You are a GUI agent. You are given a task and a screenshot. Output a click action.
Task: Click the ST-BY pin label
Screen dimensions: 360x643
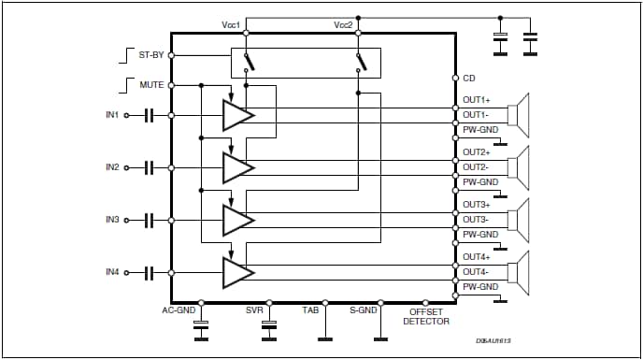click(x=150, y=55)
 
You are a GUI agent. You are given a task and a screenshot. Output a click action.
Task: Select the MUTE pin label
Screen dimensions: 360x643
click(x=151, y=85)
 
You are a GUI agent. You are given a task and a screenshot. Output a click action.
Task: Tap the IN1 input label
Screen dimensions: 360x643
click(x=113, y=115)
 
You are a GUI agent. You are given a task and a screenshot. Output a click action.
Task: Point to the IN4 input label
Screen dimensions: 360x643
click(x=113, y=272)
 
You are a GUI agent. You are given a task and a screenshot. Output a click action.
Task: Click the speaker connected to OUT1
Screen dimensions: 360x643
click(x=519, y=114)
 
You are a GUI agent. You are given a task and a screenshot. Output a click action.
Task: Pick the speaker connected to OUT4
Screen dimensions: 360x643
click(x=519, y=271)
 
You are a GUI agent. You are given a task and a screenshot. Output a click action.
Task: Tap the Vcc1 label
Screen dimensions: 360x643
click(x=230, y=24)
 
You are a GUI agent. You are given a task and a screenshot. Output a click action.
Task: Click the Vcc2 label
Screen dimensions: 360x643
click(x=345, y=24)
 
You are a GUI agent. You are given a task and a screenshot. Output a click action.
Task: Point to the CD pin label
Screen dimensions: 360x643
click(x=469, y=78)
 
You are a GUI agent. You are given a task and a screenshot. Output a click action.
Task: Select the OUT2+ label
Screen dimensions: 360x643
click(x=477, y=151)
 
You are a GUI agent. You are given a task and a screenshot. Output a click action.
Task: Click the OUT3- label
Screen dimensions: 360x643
click(x=477, y=220)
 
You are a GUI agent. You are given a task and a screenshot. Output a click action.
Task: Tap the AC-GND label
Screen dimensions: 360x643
click(x=179, y=310)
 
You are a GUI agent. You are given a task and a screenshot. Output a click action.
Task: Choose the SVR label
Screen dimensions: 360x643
click(x=254, y=310)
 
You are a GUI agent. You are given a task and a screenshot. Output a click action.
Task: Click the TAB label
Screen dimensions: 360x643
click(x=311, y=310)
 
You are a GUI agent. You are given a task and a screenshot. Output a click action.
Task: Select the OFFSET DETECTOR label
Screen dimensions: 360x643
click(x=426, y=316)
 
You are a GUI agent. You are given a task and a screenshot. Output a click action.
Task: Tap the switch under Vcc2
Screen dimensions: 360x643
click(x=360, y=62)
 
